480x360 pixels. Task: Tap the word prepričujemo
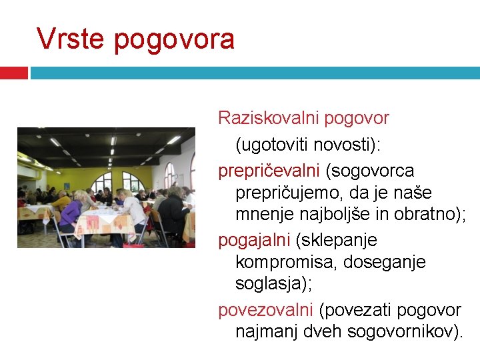(x=294, y=193)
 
